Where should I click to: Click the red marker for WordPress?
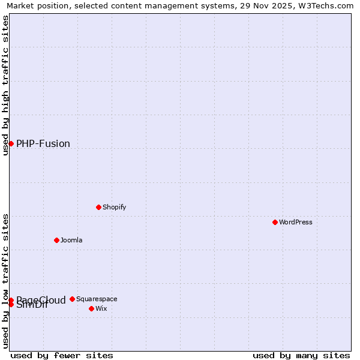275,222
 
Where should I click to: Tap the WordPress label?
296,222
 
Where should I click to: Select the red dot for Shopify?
98,207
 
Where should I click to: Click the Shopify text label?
114,207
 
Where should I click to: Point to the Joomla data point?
56,240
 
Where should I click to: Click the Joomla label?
71,240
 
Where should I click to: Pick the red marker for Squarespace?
72,299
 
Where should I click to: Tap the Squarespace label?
97,299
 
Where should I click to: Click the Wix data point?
91,308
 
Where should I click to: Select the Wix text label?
101,308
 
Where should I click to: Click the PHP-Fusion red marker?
11,143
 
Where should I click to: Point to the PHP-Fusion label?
43,143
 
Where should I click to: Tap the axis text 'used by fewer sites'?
62,355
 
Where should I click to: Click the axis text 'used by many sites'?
301,355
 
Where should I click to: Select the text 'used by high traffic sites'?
5,85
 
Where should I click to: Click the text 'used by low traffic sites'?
5,281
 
